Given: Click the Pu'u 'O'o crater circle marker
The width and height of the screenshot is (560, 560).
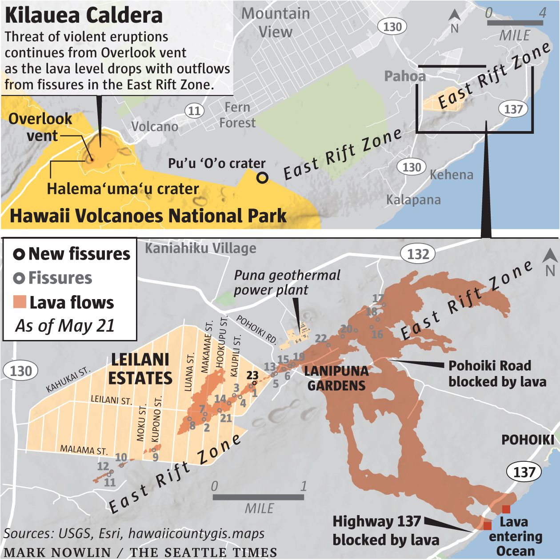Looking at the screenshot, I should pyautogui.click(x=263, y=178).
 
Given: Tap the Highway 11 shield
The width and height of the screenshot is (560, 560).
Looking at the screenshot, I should pyautogui.click(x=194, y=111).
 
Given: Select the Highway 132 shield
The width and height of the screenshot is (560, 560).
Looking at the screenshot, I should pyautogui.click(x=418, y=254).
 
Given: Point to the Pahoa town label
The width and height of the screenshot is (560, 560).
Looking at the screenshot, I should pyautogui.click(x=405, y=76).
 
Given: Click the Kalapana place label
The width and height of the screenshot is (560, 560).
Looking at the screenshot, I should pyautogui.click(x=413, y=200).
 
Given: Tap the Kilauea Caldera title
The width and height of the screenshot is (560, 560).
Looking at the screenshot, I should pyautogui.click(x=84, y=15).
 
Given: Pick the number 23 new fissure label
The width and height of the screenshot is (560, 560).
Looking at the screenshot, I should pyautogui.click(x=252, y=375).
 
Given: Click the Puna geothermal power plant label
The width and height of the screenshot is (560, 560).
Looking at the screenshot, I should pyautogui.click(x=287, y=282).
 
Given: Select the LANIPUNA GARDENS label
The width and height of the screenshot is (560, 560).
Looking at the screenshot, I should pyautogui.click(x=336, y=378).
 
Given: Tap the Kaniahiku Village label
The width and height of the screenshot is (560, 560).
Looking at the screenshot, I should pyautogui.click(x=200, y=248).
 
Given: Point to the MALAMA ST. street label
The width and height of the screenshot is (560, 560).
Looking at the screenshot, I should pyautogui.click(x=84, y=450).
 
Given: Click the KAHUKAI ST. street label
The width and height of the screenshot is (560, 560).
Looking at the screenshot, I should pyautogui.click(x=68, y=380).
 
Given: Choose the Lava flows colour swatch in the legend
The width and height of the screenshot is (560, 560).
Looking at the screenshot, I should pyautogui.click(x=20, y=302).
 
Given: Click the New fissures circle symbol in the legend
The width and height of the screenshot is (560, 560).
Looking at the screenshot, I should pyautogui.click(x=19, y=254).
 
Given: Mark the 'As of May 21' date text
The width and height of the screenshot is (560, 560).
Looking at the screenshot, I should pyautogui.click(x=65, y=326).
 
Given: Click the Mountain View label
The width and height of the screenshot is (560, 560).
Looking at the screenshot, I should pyautogui.click(x=276, y=22).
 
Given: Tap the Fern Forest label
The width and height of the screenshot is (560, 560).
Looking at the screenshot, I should pyautogui.click(x=237, y=115).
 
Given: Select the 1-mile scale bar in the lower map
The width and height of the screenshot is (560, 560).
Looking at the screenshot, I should pyautogui.click(x=259, y=497).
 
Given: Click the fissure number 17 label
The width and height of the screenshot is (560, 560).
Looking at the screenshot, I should pyautogui.click(x=378, y=299).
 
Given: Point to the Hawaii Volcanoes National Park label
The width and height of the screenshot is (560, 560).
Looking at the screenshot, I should pyautogui.click(x=148, y=216).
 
